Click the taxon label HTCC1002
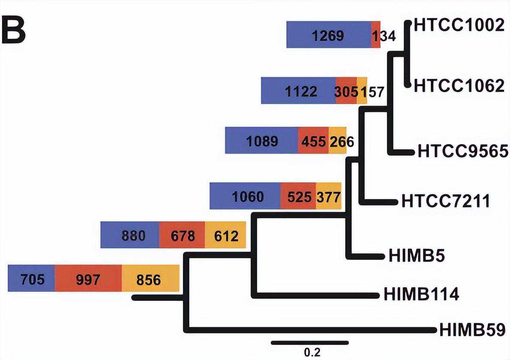pyautogui.click(x=458, y=25)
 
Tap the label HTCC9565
pyautogui.click(x=462, y=151)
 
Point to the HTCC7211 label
pyautogui.click(x=446, y=201)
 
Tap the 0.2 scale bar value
pyautogui.click(x=312, y=352)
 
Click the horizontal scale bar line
pyautogui.click(x=310, y=342)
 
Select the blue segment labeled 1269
pyautogui.click(x=328, y=35)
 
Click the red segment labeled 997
pyautogui.click(x=88, y=279)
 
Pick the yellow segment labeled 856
pyautogui.click(x=150, y=279)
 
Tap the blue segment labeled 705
pyautogui.click(x=31, y=279)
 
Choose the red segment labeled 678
pyautogui.click(x=182, y=235)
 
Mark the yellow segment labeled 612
pyautogui.click(x=225, y=235)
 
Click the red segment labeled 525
pyautogui.click(x=298, y=196)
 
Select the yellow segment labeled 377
pyautogui.click(x=328, y=196)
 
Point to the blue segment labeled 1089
pyautogui.click(x=261, y=141)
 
